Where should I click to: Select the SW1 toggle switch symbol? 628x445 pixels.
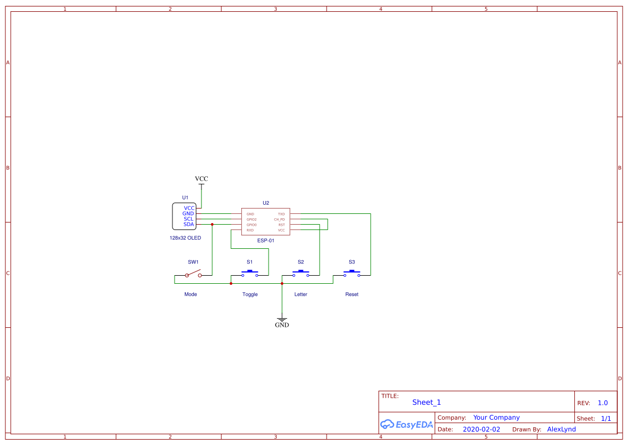coord(193,275)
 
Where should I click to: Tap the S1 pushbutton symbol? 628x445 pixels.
coord(250,274)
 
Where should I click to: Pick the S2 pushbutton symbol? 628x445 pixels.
coord(301,274)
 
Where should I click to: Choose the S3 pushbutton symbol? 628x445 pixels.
coord(352,274)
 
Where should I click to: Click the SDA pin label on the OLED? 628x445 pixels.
coord(189,224)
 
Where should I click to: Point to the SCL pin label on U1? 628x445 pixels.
coord(189,219)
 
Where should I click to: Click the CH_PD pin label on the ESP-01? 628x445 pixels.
coord(279,219)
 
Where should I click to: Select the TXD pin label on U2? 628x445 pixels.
coord(281,214)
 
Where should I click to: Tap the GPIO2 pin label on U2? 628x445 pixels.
coord(251,219)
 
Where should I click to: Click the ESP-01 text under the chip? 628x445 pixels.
coord(265,241)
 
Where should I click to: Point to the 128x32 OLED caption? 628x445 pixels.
coord(185,238)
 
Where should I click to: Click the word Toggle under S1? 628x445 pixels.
coord(250,295)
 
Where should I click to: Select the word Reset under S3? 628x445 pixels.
coord(352,295)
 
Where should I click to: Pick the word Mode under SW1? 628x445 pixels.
coord(191,295)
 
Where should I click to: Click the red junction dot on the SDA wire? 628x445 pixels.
coord(212,224)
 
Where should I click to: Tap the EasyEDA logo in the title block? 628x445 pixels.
coord(407,424)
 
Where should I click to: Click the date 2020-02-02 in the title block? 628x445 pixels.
coord(481,429)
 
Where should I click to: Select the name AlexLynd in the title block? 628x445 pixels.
coord(561,429)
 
